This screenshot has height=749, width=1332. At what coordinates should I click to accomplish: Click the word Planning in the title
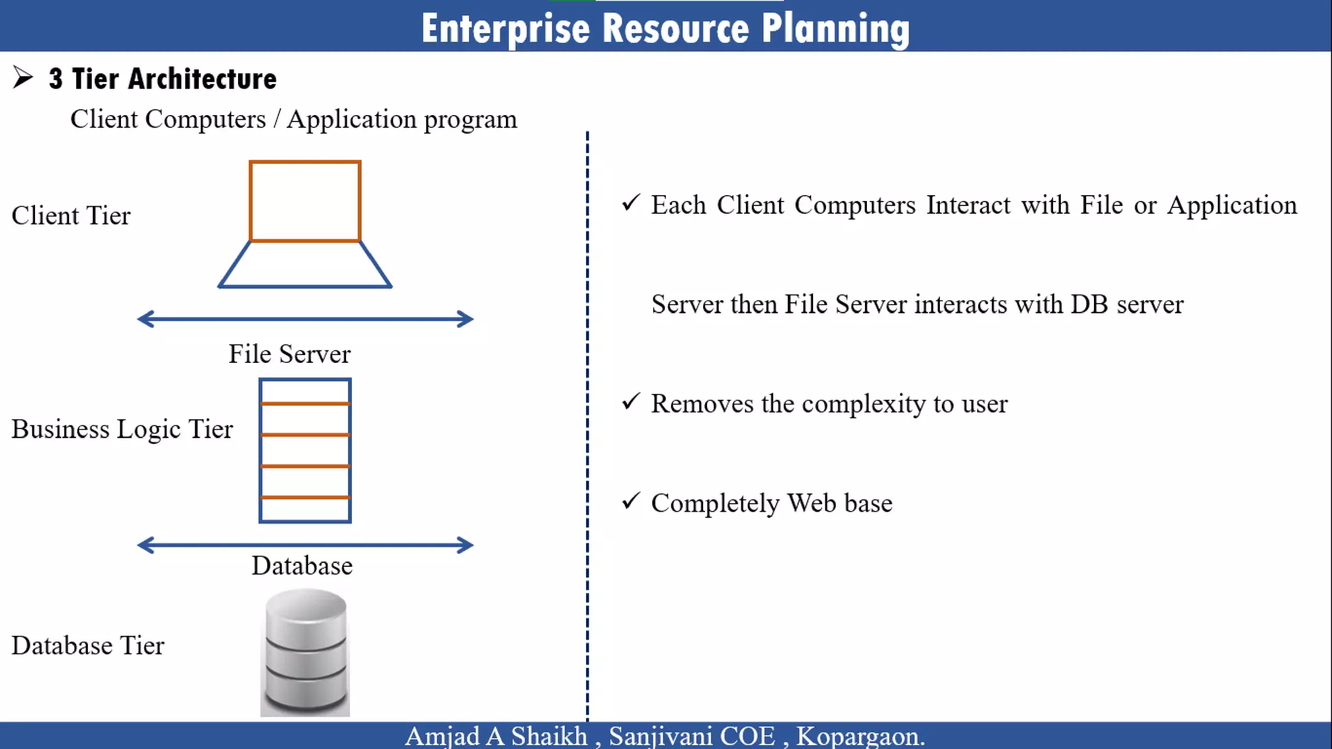pos(835,29)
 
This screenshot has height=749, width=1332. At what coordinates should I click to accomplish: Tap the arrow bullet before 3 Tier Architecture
pos(23,77)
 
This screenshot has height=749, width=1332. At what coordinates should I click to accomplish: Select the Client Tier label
pos(71,216)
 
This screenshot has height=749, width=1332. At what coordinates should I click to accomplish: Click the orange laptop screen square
pos(305,202)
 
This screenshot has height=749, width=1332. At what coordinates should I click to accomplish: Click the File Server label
pos(289,354)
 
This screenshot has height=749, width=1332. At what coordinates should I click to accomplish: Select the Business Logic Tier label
pos(122,429)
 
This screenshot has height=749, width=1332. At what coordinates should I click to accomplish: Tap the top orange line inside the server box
pos(305,404)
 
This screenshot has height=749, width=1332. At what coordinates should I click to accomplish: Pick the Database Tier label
pos(88,646)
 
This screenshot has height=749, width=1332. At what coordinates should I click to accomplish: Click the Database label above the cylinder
pos(302,566)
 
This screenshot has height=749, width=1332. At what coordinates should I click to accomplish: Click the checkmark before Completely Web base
pos(631,501)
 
